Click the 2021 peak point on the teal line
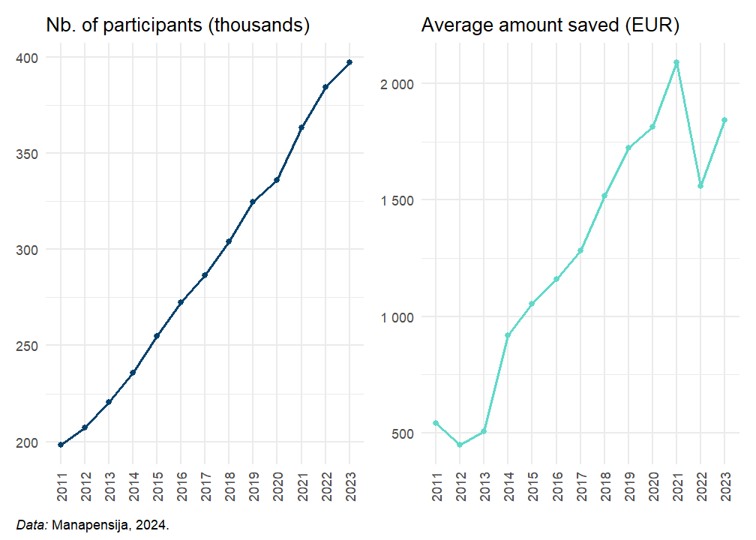[676, 62]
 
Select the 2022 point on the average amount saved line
[700, 185]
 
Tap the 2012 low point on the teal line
[460, 445]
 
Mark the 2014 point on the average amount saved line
[508, 335]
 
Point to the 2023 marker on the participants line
[349, 62]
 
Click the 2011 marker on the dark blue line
[61, 445]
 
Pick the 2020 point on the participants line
[277, 180]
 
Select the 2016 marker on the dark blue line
[181, 302]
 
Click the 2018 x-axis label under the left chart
[229, 487]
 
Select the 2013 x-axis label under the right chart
[484, 487]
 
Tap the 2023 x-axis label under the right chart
[725, 487]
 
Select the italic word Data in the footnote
[31, 525]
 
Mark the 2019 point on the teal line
[628, 148]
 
